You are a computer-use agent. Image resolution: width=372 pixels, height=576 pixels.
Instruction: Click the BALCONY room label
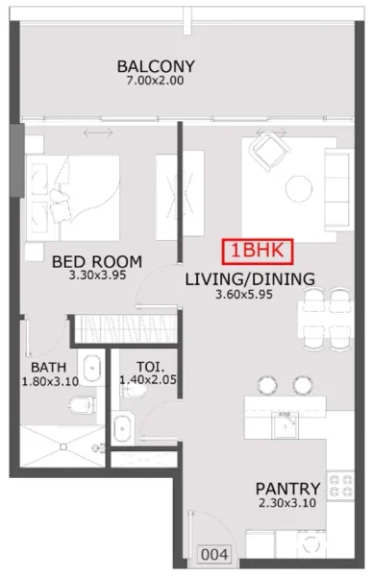pos(156,66)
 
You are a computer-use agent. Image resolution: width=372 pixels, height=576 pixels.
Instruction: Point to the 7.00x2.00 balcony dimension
pos(156,81)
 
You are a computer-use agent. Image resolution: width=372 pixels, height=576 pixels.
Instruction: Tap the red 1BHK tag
pos(258,251)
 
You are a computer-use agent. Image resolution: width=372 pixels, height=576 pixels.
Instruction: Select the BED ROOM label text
pos(97,261)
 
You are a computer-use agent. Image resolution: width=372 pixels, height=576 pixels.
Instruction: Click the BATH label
pos(48,367)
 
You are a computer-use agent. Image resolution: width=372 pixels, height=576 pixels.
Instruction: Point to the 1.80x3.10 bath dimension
pos(48,381)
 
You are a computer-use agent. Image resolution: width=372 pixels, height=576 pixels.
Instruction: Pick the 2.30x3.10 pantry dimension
pos(287,503)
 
